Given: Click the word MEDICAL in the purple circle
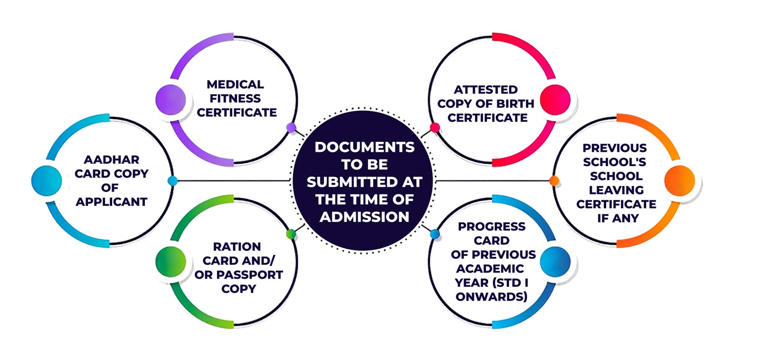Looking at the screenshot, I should (x=235, y=85).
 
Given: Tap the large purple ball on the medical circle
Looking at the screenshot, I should (x=170, y=99).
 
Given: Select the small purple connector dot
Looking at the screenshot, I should (x=291, y=127).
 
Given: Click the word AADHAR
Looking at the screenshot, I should (x=112, y=160).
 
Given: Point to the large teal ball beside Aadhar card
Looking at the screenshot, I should (x=46, y=180).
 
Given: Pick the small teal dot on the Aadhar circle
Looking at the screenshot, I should (x=172, y=181).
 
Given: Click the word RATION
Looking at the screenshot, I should (x=237, y=247).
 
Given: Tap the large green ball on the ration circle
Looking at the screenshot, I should (x=170, y=261).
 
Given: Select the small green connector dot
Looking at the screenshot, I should (x=291, y=234).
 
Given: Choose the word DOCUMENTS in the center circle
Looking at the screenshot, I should (x=364, y=147).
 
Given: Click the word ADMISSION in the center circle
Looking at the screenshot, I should (x=364, y=217).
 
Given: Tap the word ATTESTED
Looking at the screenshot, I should (x=486, y=90).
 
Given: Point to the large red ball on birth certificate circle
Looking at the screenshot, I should (x=555, y=99).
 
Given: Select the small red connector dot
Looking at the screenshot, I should (x=435, y=127).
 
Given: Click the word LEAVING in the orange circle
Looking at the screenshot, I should (x=616, y=190).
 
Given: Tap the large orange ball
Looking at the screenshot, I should (x=679, y=180).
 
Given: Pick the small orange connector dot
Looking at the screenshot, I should (x=554, y=181).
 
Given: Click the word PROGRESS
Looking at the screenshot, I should (x=492, y=227).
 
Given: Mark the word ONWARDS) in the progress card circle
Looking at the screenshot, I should (x=492, y=297).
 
